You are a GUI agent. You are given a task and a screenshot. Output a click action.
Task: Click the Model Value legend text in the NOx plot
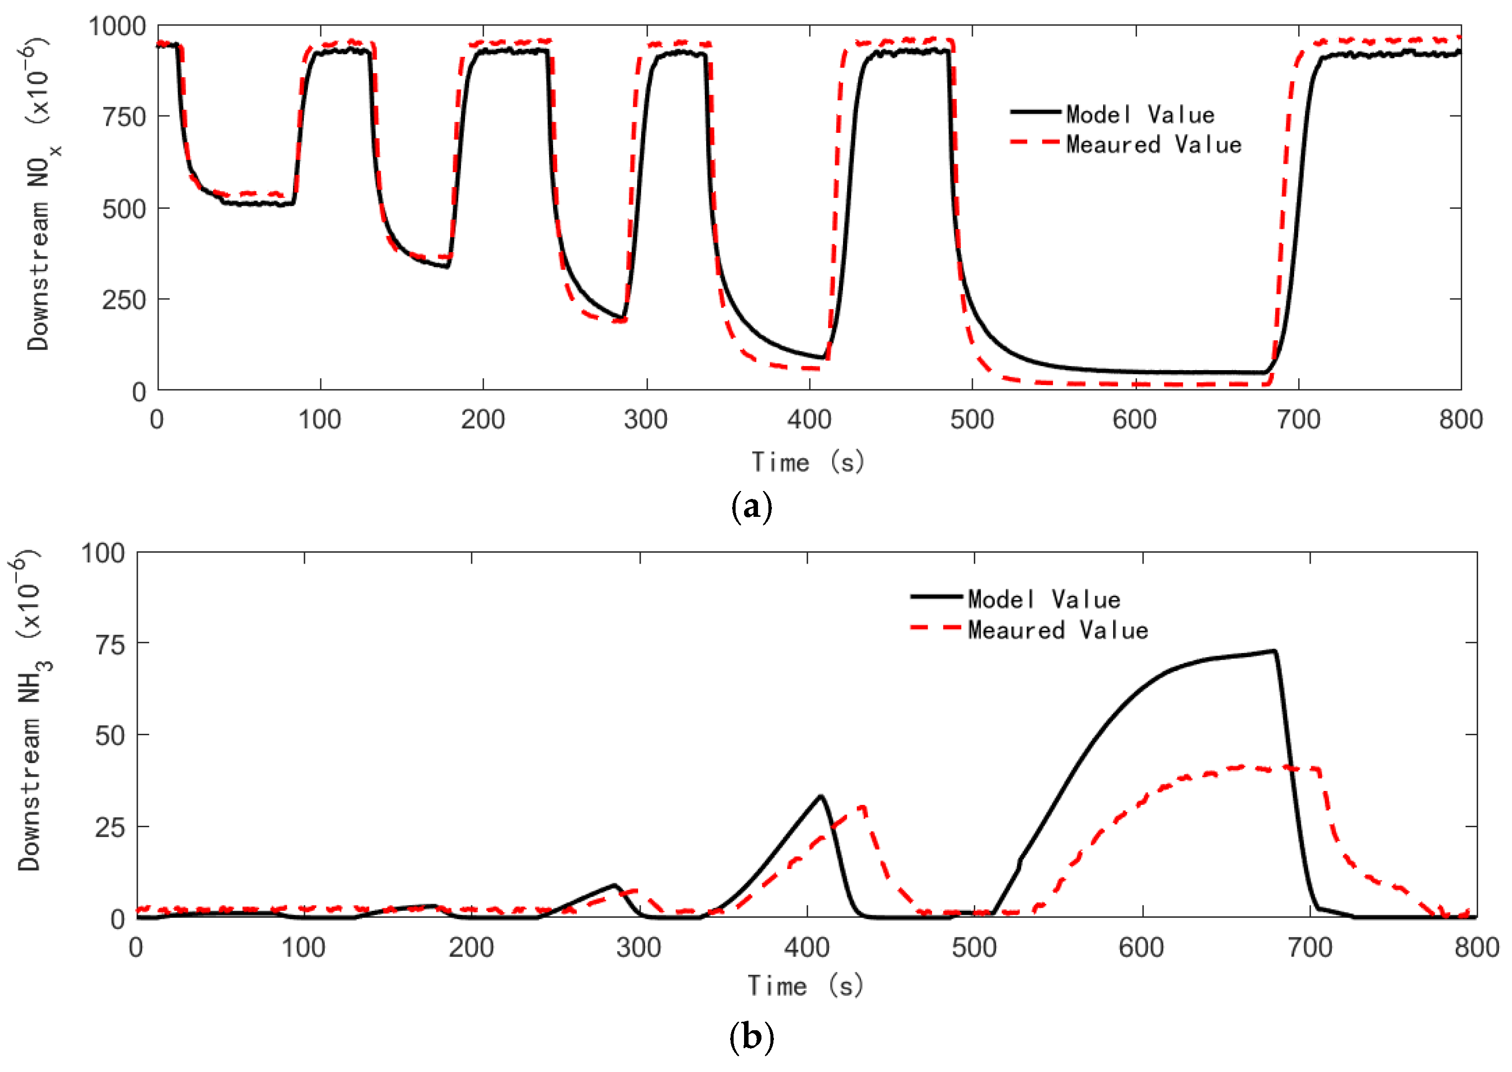tap(1140, 115)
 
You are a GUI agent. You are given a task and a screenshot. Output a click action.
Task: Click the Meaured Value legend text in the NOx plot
tap(1153, 145)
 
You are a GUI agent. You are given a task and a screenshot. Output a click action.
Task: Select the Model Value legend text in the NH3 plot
tap(1043, 599)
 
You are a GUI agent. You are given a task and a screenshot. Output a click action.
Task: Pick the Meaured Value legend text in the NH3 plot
tap(1057, 630)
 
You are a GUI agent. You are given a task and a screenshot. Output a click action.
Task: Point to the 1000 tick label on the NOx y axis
tap(117, 26)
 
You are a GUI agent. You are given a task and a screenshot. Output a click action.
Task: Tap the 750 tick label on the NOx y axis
tap(123, 117)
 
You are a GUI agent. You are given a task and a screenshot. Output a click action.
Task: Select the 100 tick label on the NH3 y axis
tap(103, 553)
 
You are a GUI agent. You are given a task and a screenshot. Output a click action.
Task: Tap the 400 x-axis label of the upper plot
tap(809, 420)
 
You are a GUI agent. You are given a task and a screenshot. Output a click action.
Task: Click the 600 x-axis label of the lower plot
tap(1141, 948)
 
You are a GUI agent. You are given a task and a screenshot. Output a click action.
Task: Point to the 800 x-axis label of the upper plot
tap(1460, 420)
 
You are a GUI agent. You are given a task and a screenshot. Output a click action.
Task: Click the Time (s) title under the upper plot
tap(808, 462)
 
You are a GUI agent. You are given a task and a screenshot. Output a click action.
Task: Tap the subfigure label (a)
tap(752, 507)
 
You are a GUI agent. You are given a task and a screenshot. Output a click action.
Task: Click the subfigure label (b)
tap(752, 1036)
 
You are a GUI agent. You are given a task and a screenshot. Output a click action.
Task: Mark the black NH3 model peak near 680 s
tap(1274, 652)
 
